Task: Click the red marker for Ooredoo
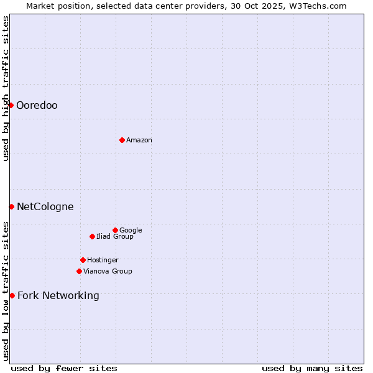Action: pyautogui.click(x=11, y=105)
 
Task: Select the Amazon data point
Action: pyautogui.click(x=122, y=140)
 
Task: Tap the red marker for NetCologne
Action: pyautogui.click(x=11, y=206)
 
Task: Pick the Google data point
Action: pyautogui.click(x=115, y=230)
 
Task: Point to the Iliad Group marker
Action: pyautogui.click(x=92, y=236)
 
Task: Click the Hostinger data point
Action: pyautogui.click(x=83, y=260)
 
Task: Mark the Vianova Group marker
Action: pyautogui.click(x=79, y=271)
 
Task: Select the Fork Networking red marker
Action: pyautogui.click(x=12, y=295)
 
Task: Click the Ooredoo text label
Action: pyautogui.click(x=37, y=106)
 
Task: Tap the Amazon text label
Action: pyautogui.click(x=139, y=140)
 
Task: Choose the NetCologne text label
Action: pyautogui.click(x=45, y=207)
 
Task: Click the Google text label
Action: pyautogui.click(x=131, y=231)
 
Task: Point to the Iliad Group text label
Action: pyautogui.click(x=115, y=237)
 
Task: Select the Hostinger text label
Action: pyautogui.click(x=103, y=260)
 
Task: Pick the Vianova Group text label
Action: pyautogui.click(x=108, y=272)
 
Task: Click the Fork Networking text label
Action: pyautogui.click(x=58, y=296)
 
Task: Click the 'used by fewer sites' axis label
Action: pyautogui.click(x=64, y=368)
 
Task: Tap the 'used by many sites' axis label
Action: pyautogui.click(x=312, y=368)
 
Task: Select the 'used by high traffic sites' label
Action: pyautogui.click(x=6, y=88)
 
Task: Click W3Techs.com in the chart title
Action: pyautogui.click(x=316, y=6)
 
